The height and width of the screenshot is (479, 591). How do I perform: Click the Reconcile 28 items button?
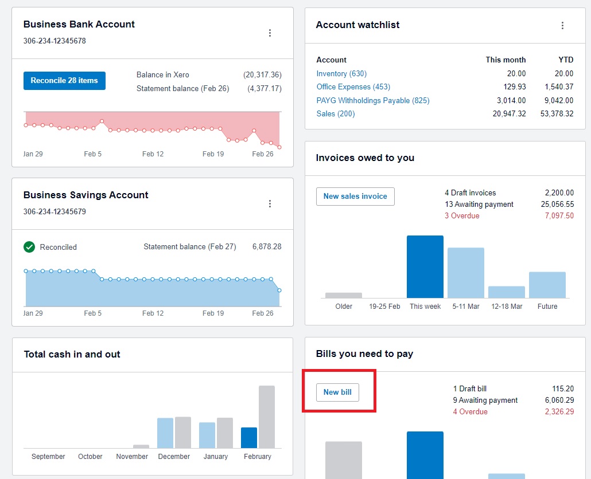tap(64, 81)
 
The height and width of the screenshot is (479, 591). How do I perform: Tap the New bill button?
tap(337, 392)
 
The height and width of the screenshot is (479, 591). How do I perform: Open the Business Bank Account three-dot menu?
tap(270, 33)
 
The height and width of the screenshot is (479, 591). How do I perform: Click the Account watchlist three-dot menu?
tap(562, 25)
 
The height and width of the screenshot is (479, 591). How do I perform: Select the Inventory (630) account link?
tap(341, 73)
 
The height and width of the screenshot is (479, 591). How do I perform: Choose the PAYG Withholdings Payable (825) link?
tap(373, 100)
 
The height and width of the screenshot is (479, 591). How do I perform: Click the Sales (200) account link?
tap(336, 113)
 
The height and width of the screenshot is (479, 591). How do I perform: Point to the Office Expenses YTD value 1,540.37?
tap(559, 87)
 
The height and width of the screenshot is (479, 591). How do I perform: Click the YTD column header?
tap(566, 60)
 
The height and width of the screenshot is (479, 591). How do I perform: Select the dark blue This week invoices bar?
tap(425, 267)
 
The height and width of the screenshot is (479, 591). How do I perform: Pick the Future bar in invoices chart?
tap(547, 285)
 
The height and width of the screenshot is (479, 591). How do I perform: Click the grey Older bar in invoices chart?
tap(343, 296)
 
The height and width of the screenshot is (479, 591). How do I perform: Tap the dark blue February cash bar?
tap(249, 438)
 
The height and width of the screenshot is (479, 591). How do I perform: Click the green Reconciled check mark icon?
tap(29, 247)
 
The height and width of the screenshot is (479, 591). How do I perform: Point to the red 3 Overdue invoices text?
tap(462, 215)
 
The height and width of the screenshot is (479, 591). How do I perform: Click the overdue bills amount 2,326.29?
tap(559, 411)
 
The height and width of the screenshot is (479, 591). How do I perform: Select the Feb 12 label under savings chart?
tap(153, 313)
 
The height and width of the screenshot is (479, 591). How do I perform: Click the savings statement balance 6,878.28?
tap(267, 247)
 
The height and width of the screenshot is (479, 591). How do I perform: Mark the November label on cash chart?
tap(132, 457)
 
